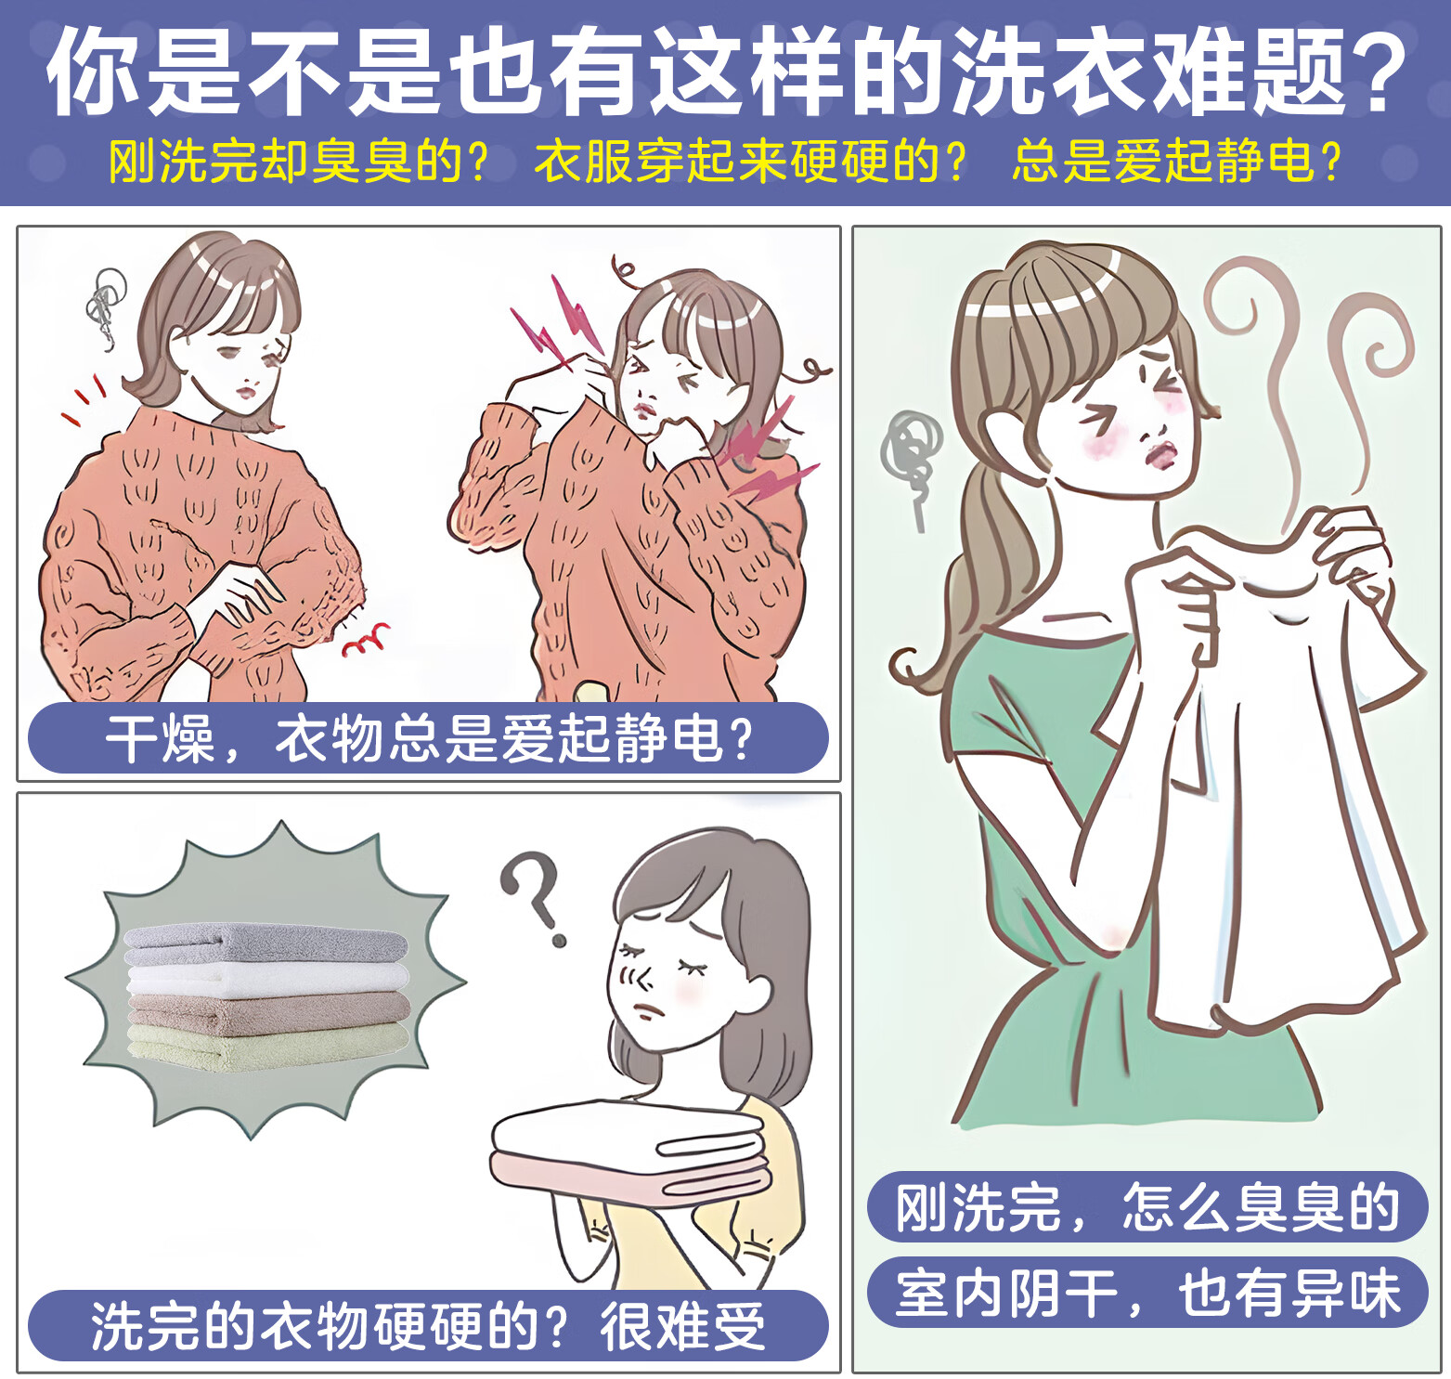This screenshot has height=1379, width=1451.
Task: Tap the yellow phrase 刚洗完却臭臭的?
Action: (298, 161)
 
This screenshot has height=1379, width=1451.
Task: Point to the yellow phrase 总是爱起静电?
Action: (1177, 161)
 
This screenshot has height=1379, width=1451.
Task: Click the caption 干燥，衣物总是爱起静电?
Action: (429, 739)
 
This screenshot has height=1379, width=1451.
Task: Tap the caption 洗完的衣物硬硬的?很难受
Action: (428, 1325)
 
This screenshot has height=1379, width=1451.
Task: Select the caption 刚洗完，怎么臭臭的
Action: (1147, 1207)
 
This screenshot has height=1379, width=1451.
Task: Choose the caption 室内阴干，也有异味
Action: (1147, 1293)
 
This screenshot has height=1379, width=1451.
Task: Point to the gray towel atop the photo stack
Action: (266, 943)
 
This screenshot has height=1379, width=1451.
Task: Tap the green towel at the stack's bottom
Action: (267, 1047)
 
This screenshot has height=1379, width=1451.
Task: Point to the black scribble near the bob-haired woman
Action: (104, 306)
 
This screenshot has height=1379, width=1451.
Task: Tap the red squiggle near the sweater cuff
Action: (368, 640)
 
